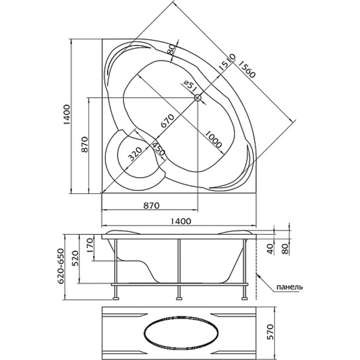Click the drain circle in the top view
(198, 98)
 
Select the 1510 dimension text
(226, 62)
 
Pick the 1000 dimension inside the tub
(213, 139)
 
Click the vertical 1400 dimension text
(67, 115)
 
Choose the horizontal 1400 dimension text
(181, 221)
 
